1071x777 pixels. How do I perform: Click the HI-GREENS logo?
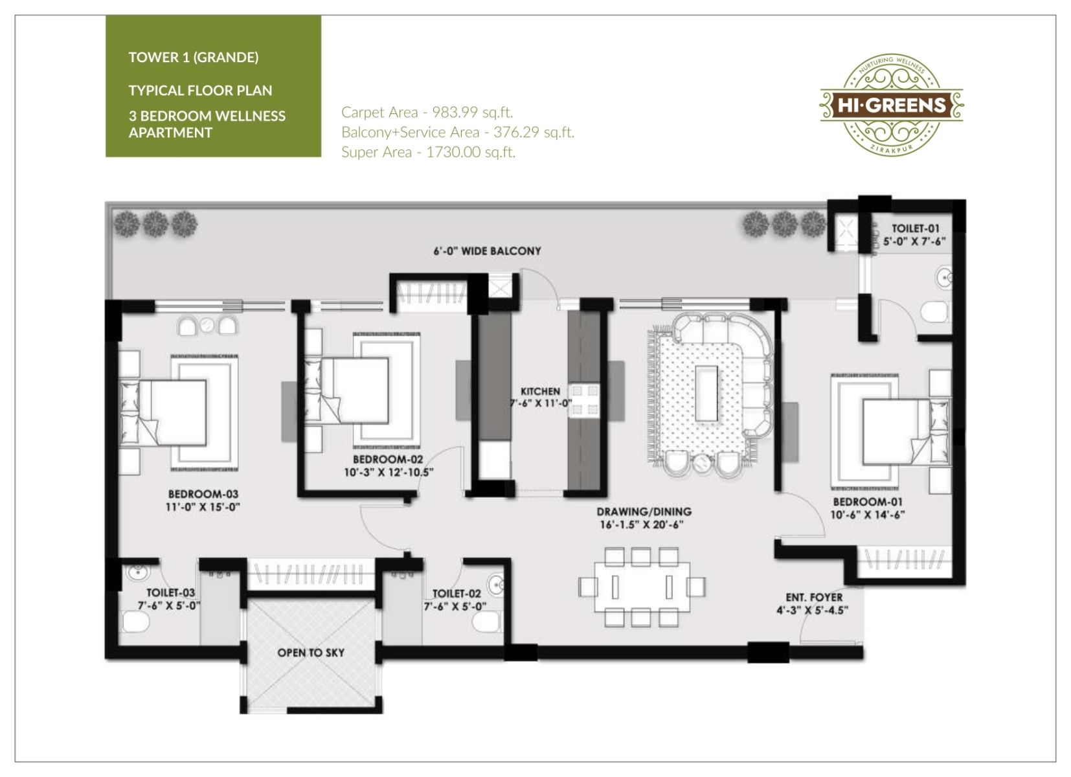pyautogui.click(x=892, y=105)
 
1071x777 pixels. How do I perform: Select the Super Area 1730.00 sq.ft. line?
pyautogui.click(x=429, y=152)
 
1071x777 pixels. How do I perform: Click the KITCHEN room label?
pyautogui.click(x=540, y=391)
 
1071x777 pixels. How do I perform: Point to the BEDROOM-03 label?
pyautogui.click(x=203, y=494)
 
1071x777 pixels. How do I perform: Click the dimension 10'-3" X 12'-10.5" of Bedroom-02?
pyautogui.click(x=389, y=472)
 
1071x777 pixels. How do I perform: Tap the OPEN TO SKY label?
pyautogui.click(x=311, y=653)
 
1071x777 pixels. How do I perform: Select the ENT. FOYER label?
pyautogui.click(x=814, y=597)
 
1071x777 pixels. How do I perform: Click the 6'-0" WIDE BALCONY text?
pyautogui.click(x=487, y=251)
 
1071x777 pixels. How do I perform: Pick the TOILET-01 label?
pyautogui.click(x=916, y=229)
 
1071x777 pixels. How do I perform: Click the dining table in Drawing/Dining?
pyautogui.click(x=642, y=587)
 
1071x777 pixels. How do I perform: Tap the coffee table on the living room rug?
pyautogui.click(x=706, y=393)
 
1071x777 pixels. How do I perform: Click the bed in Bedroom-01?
pyautogui.click(x=906, y=432)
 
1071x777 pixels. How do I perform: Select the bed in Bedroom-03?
pyautogui.click(x=163, y=412)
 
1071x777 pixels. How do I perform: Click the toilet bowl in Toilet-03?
pyautogui.click(x=136, y=622)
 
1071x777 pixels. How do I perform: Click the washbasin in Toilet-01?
pyautogui.click(x=944, y=277)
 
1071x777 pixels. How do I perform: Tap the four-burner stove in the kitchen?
pyautogui.click(x=584, y=401)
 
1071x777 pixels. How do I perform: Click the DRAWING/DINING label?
pyautogui.click(x=644, y=511)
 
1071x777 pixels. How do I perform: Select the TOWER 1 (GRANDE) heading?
pyautogui.click(x=194, y=58)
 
